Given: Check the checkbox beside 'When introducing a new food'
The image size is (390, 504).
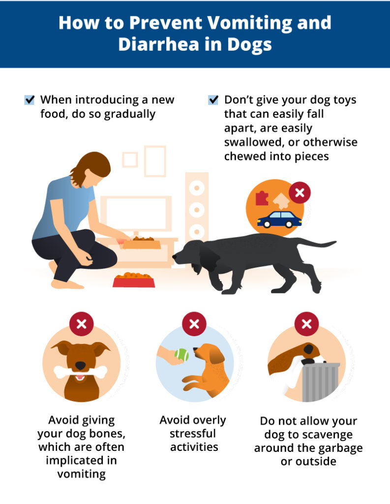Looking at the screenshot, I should (30, 100).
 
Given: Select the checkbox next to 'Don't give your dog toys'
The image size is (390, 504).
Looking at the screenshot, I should (213, 100).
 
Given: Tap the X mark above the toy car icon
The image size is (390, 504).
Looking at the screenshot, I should (300, 192).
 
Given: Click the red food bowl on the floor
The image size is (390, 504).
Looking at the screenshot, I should (134, 280).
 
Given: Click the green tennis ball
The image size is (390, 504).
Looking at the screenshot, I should (181, 354).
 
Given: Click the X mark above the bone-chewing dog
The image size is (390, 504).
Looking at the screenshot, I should (82, 324).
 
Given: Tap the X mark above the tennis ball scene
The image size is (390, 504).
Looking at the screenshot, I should (194, 324).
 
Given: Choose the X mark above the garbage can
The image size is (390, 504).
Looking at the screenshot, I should (306, 324).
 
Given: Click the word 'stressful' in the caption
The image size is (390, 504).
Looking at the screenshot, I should (193, 434).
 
